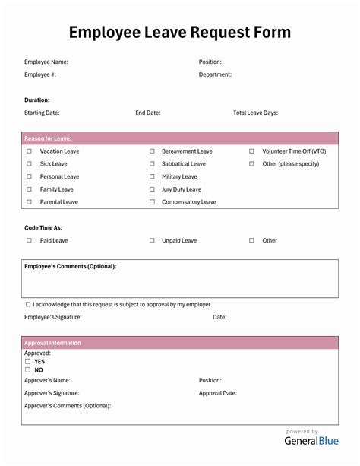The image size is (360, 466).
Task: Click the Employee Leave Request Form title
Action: (x=179, y=32)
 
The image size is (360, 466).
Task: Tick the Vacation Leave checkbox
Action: (x=29, y=151)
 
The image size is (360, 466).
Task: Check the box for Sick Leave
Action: (x=29, y=164)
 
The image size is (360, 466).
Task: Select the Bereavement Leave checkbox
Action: (x=152, y=151)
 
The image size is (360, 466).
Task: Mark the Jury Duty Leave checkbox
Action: (x=152, y=189)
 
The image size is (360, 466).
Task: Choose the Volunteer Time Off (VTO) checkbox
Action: (x=251, y=151)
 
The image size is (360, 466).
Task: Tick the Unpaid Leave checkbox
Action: (x=152, y=240)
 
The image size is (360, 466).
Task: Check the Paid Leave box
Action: (x=29, y=240)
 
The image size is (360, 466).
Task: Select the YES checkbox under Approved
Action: (x=28, y=362)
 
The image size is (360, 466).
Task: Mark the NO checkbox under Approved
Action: (x=28, y=370)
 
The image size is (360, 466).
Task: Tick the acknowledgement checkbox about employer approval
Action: (x=28, y=304)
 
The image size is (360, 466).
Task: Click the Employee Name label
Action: (x=46, y=62)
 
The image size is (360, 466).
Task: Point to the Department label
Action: (x=215, y=74)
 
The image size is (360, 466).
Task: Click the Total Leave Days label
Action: (x=255, y=113)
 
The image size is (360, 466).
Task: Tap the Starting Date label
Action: (x=42, y=113)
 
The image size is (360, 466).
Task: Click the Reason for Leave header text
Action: (x=48, y=138)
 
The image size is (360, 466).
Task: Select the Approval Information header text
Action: (x=52, y=343)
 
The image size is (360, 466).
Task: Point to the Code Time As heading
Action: (x=43, y=227)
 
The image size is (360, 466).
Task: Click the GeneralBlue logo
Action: (x=311, y=440)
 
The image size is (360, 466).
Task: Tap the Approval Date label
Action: (x=218, y=393)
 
